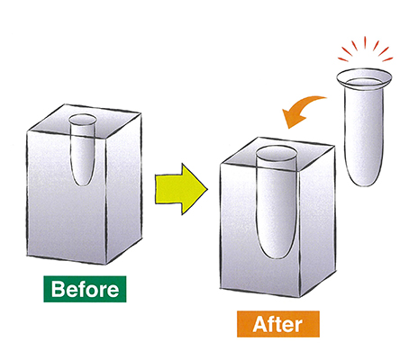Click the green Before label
[x=85, y=289]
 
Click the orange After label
[x=278, y=324]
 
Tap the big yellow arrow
[x=181, y=189]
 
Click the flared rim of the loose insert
[x=364, y=78]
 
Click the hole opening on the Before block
[x=82, y=120]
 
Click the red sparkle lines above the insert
[x=365, y=49]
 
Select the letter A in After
[x=260, y=324]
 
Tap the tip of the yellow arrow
[x=207, y=189]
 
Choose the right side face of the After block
[x=317, y=220]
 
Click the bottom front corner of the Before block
[x=106, y=265]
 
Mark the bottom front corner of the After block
[x=300, y=297]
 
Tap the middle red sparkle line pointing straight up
[x=365, y=42]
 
